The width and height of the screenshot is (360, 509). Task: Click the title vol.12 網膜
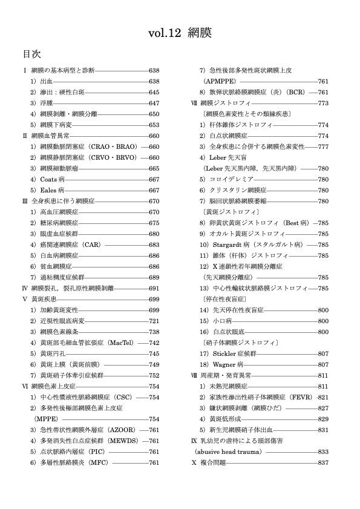[180, 32]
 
